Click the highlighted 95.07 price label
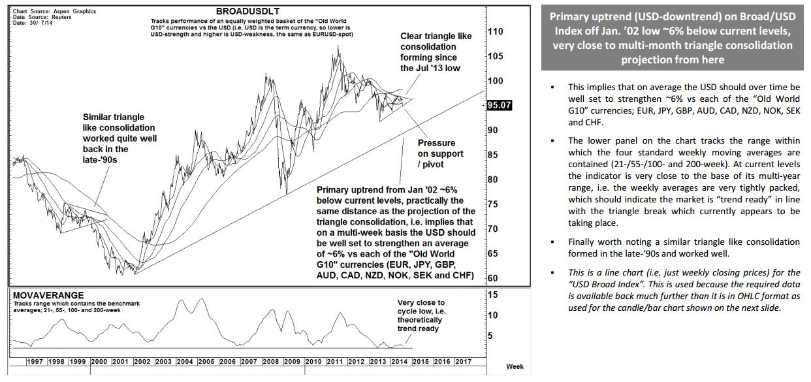click(499, 105)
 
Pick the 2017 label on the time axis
click(463, 361)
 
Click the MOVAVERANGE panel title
click(48, 295)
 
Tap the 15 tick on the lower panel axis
click(493, 294)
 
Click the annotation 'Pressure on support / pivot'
click(441, 153)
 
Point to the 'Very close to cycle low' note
click(421, 315)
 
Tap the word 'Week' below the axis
click(515, 366)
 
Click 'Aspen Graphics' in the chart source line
click(73, 12)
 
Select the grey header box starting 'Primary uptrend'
click(672, 38)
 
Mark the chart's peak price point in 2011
click(338, 46)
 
